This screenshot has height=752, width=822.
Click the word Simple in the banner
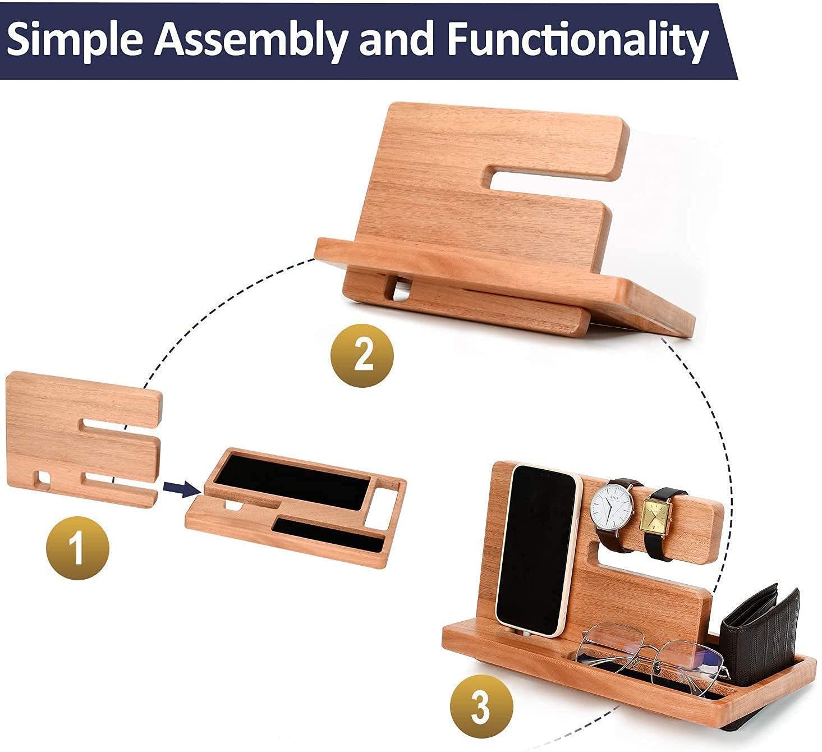[x=75, y=39]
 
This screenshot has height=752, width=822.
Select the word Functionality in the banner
[x=578, y=39]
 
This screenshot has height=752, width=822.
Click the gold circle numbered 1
[x=77, y=548]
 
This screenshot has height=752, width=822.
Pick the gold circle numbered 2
[x=362, y=355]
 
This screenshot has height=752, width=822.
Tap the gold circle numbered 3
[x=481, y=706]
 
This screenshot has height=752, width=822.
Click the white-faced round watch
[x=610, y=508]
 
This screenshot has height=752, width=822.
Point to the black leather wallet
[x=760, y=640]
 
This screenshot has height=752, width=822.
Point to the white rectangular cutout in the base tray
[x=380, y=508]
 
